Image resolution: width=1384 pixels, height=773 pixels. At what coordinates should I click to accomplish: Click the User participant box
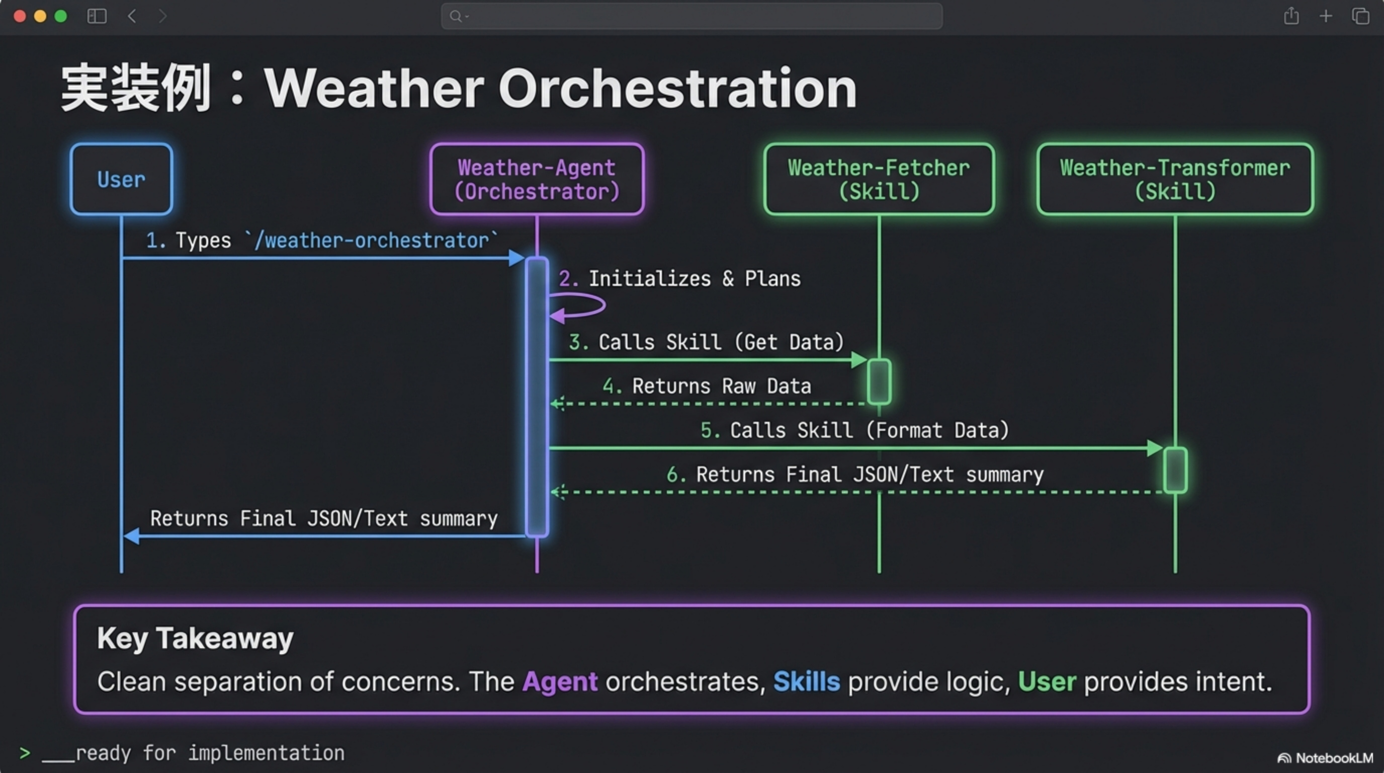coord(121,179)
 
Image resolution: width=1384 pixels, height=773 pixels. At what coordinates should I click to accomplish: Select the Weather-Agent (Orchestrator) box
coord(537,179)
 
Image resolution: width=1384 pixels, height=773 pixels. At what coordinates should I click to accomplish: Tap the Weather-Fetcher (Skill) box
coord(879,179)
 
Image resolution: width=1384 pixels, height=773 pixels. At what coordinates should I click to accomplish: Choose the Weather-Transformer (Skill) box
coord(1175,179)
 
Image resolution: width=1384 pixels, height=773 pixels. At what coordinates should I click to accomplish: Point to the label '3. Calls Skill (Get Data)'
coord(706,342)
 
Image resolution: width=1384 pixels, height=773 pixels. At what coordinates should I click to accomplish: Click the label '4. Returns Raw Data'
coord(706,386)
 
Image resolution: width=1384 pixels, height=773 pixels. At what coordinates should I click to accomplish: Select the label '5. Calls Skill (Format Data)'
coord(854,430)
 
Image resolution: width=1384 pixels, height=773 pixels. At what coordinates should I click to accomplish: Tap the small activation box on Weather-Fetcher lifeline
coord(879,381)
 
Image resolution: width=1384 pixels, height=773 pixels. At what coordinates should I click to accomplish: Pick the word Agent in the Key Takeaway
coord(560,681)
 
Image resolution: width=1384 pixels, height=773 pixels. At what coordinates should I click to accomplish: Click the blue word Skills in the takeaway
coord(807,681)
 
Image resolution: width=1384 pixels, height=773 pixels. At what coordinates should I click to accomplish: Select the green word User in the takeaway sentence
coord(1047,681)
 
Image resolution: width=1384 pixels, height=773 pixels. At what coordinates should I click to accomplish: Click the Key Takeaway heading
coord(195,638)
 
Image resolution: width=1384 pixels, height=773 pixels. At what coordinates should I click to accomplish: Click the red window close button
coord(20,16)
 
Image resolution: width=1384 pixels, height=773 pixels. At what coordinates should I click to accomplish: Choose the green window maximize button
coord(61,16)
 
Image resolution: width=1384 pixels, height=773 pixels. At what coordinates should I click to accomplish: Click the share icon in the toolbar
coord(1291,16)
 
